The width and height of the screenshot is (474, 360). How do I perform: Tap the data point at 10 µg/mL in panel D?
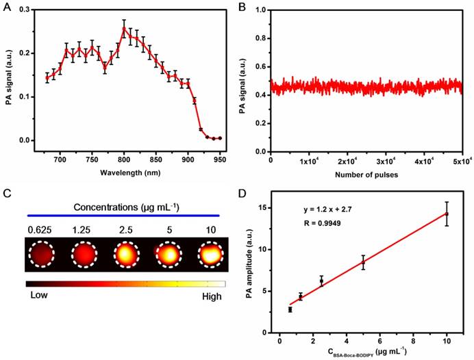pyautogui.click(x=447, y=214)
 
